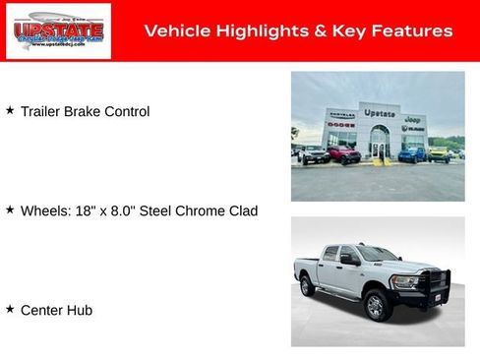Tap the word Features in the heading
pos(414,31)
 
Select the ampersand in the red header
pos(322,31)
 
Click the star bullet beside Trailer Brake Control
pos(10,111)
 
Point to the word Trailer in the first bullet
pos(40,112)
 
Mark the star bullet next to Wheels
pos(10,210)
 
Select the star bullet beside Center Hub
pos(10,309)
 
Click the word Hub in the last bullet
pos(80,310)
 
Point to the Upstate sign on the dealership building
pos(379,113)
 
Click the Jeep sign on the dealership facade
pos(413,119)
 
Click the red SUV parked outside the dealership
pos(343,154)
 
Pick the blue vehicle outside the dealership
pos(413,153)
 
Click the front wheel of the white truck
pos(375,307)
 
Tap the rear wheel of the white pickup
pos(308,285)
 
